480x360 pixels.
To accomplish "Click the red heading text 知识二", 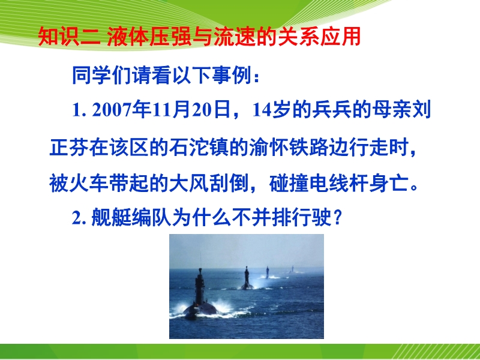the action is click(x=69, y=37).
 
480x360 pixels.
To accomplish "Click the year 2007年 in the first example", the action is click(x=121, y=110).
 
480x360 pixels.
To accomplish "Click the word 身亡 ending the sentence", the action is click(x=388, y=184).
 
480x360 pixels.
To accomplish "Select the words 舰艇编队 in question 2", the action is click(x=131, y=218).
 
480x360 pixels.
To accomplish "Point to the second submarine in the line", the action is click(x=247, y=278).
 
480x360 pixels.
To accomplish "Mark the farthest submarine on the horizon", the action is click(x=292, y=269).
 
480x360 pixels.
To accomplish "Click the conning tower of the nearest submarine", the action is click(x=200, y=286).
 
